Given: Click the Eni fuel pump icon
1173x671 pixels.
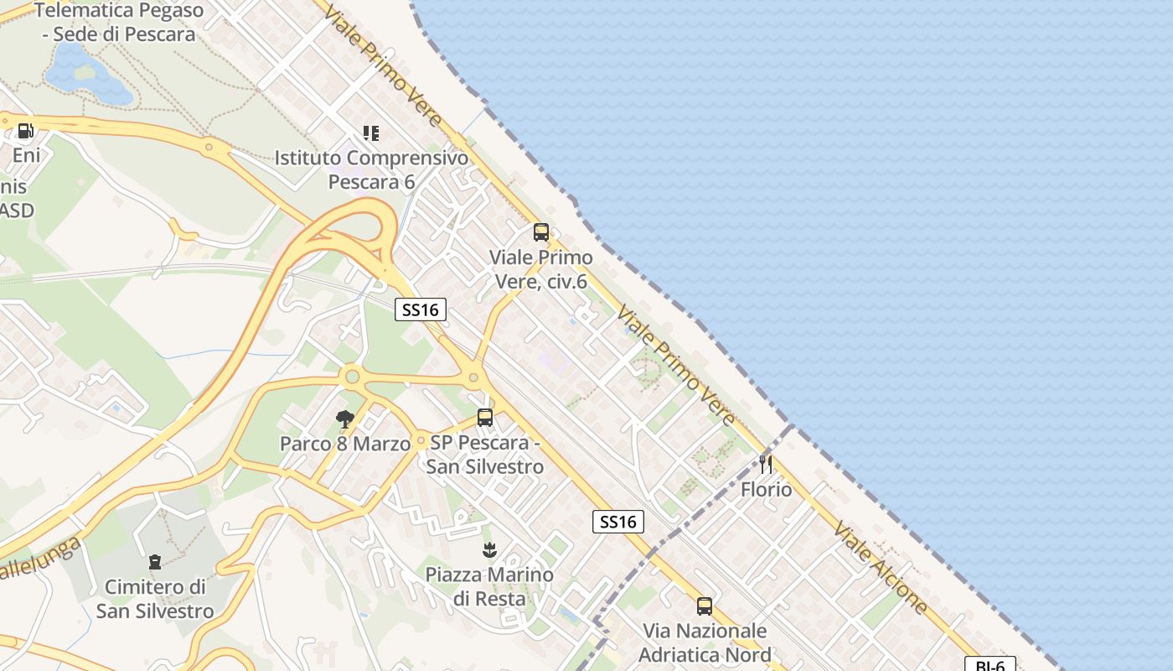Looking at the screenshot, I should (25, 131).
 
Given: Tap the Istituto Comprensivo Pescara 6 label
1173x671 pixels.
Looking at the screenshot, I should (371, 169).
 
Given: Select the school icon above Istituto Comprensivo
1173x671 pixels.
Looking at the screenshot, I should (371, 133).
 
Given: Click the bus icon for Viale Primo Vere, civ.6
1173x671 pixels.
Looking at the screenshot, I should (541, 232).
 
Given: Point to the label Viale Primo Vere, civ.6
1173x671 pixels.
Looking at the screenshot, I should (540, 269).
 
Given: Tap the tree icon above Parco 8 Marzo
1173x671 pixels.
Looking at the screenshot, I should (344, 419).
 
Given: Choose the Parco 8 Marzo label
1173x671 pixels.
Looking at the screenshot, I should (345, 444).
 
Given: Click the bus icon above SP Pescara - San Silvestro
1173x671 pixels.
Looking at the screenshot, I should (484, 417).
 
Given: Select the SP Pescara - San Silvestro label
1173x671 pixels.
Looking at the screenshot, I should (484, 454).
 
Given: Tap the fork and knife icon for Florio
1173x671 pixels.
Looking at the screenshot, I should (765, 464).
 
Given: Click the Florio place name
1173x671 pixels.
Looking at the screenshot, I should (766, 489).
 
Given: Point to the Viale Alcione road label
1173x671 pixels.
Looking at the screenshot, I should (880, 567).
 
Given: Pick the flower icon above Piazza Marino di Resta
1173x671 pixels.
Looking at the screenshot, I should (489, 550).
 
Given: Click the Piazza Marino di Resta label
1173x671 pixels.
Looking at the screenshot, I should (489, 586).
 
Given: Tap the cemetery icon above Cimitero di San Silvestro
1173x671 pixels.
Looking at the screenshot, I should (155, 561).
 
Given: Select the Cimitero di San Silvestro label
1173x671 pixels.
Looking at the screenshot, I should (155, 598).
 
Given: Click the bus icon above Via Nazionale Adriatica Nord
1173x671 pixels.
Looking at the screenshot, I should (704, 606).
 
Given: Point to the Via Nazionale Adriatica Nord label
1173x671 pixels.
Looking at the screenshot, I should (704, 642).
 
